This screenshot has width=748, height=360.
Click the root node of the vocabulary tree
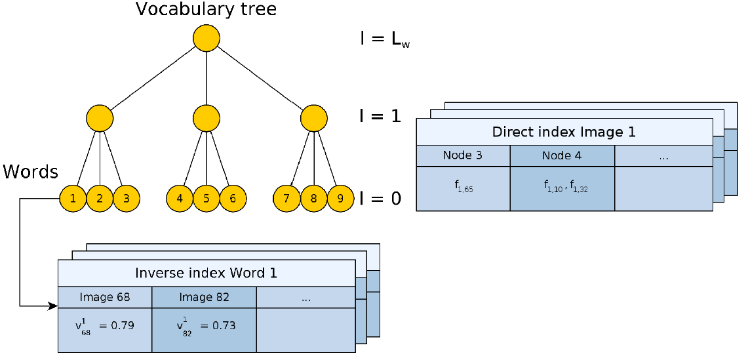click(x=206, y=38)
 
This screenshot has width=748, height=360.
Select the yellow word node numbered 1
click(x=73, y=197)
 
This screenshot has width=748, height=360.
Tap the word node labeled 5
click(x=206, y=197)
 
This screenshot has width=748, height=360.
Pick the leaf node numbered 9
click(x=340, y=197)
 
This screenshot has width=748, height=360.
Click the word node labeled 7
click(x=286, y=197)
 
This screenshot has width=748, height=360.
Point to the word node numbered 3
click(x=126, y=197)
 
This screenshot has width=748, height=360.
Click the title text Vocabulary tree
click(x=206, y=9)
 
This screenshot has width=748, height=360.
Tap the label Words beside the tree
click(x=31, y=171)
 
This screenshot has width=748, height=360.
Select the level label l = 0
click(x=380, y=197)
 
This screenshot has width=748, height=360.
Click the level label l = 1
click(x=380, y=116)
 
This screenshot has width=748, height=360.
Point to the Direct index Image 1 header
click(x=564, y=132)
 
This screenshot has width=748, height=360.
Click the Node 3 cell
click(x=463, y=155)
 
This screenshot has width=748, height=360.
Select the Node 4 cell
click(x=562, y=155)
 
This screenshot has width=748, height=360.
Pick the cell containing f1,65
click(x=463, y=189)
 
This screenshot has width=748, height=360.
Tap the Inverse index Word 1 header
click(x=207, y=273)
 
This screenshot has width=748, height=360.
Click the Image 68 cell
click(x=105, y=297)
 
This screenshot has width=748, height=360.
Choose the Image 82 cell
click(x=204, y=297)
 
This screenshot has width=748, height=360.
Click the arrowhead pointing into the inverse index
click(x=53, y=306)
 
